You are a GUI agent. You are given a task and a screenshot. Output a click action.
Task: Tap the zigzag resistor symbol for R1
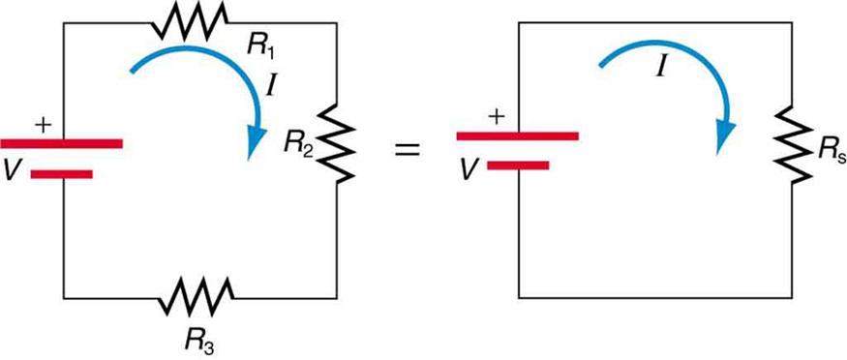pos(192,16)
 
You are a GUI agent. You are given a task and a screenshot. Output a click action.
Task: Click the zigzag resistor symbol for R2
pos(337,141)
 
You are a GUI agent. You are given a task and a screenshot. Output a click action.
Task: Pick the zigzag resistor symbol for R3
pos(197,293)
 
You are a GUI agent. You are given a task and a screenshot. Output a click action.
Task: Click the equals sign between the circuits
pos(410,151)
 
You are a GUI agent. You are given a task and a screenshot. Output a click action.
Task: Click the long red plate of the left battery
pos(62,143)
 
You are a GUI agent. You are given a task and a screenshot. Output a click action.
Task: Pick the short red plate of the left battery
pos(62,175)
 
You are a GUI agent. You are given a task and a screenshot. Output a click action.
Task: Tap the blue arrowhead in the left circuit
pos(255,142)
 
